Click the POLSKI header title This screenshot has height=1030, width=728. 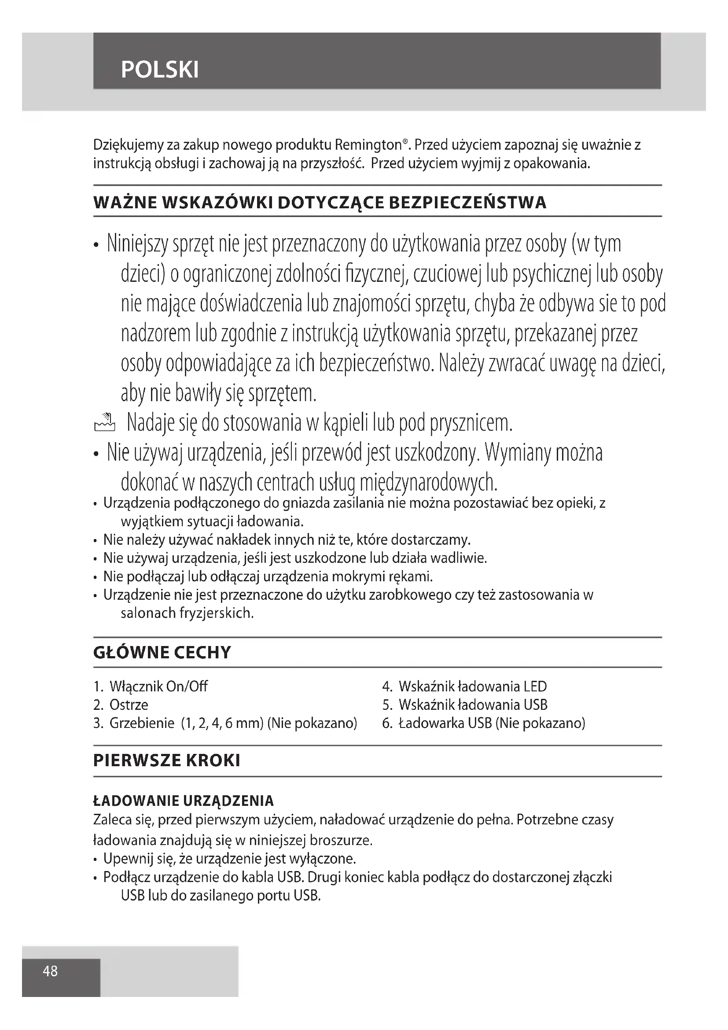tap(160, 70)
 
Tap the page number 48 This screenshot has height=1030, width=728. tap(50, 971)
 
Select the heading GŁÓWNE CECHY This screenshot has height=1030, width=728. tap(162, 652)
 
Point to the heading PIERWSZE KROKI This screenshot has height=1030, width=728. tap(167, 761)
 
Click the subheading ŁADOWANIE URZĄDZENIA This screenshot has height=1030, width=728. tap(184, 801)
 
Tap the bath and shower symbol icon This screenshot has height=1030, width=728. tap(104, 422)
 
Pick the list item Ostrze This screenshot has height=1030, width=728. tap(129, 705)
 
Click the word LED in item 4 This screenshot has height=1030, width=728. tap(535, 687)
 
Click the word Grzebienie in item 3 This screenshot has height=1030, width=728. tap(142, 723)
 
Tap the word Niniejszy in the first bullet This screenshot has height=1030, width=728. tap(137, 244)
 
